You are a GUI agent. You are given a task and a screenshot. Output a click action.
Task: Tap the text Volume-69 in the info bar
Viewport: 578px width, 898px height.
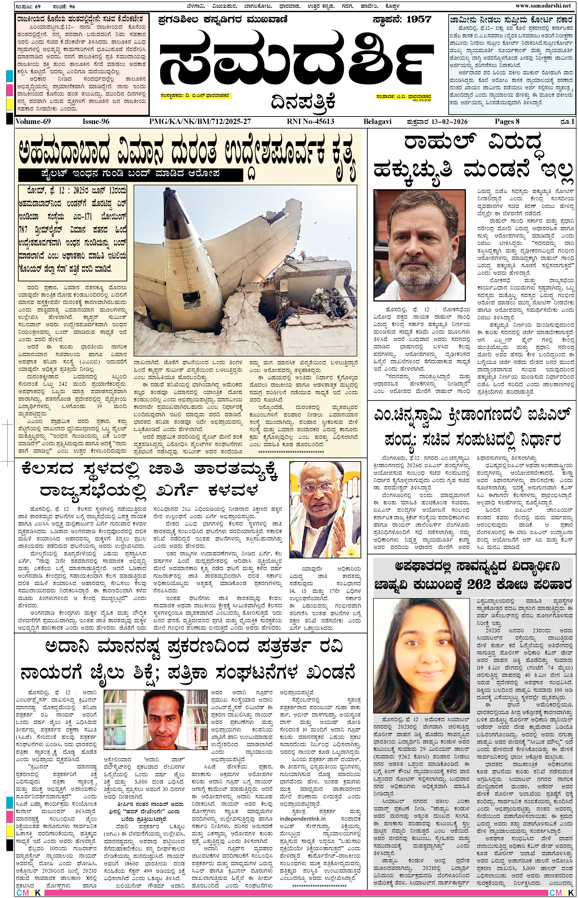[x=33, y=121]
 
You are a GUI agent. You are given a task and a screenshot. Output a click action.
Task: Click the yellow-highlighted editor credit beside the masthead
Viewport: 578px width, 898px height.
[x=403, y=97]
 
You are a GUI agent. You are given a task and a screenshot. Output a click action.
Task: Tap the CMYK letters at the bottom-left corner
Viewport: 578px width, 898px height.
[x=28, y=893]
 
